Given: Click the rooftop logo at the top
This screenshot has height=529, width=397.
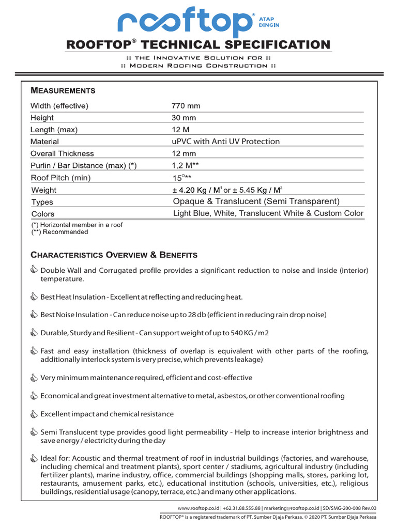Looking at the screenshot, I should pyautogui.click(x=186, y=22).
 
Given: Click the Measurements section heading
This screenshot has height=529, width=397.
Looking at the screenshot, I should pyautogui.click(x=63, y=90).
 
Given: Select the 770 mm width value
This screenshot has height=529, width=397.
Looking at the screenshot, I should pyautogui.click(x=186, y=106).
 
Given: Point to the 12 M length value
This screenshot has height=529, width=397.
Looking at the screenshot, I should pyautogui.click(x=181, y=130).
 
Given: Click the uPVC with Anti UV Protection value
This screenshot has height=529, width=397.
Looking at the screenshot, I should pyautogui.click(x=225, y=142).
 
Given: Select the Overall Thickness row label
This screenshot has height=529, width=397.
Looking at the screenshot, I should pyautogui.click(x=62, y=153).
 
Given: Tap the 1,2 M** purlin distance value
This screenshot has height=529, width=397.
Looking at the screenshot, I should pyautogui.click(x=186, y=165).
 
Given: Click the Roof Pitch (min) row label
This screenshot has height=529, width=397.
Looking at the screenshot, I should pyautogui.click(x=60, y=178).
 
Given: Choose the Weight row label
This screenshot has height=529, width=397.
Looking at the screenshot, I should pyautogui.click(x=44, y=190).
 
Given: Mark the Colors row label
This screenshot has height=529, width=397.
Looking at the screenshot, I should pyautogui.click(x=43, y=214).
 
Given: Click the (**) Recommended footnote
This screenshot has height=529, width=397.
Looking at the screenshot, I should pyautogui.click(x=59, y=232).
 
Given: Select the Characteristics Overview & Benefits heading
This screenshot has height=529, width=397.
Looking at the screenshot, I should pyautogui.click(x=114, y=255).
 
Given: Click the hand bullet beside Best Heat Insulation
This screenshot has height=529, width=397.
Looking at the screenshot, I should pyautogui.click(x=34, y=297).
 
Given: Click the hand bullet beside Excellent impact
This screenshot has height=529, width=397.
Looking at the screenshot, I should pyautogui.click(x=34, y=414).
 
